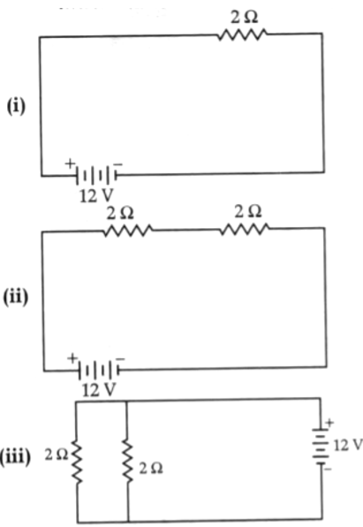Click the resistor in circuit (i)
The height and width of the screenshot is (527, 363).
tap(243, 34)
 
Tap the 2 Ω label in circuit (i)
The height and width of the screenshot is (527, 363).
tap(244, 17)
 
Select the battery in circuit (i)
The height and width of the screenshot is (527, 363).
tap(97, 175)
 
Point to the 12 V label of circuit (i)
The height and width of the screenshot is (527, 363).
tap(96, 196)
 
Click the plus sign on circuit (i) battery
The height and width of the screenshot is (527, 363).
tap(70, 164)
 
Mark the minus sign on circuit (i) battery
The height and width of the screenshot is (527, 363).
tap(118, 164)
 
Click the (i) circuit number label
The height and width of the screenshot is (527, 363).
tap(16, 107)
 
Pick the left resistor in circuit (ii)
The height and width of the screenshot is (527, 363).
tap(128, 231)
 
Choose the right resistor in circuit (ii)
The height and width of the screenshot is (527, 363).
tap(245, 229)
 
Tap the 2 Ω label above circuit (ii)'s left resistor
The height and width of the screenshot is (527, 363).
tap(120, 213)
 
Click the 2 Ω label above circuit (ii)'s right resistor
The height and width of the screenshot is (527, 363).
tap(248, 211)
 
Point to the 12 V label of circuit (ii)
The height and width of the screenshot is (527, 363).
tap(99, 390)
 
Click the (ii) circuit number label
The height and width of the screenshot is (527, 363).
tap(15, 298)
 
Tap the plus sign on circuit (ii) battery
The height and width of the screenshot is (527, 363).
tap(72, 358)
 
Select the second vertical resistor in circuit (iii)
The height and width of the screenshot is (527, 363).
tap(127, 460)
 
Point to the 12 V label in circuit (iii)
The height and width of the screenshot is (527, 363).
tap(348, 446)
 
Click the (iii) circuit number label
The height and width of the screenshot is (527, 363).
tap(15, 458)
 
